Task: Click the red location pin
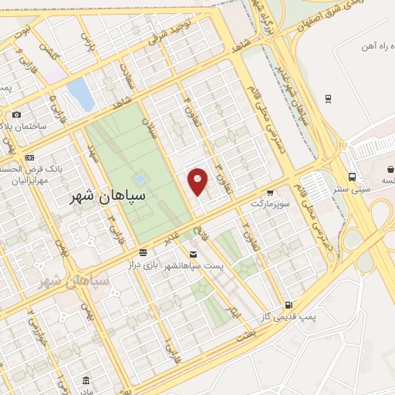(x=198, y=181)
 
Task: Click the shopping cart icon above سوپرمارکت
(x=270, y=192)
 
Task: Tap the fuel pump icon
(x=288, y=305)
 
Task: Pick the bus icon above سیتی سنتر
(x=352, y=176)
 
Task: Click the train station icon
(x=329, y=98)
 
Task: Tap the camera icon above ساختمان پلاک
(x=17, y=115)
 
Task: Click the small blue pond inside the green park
(x=140, y=177)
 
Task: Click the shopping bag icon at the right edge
(x=390, y=168)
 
